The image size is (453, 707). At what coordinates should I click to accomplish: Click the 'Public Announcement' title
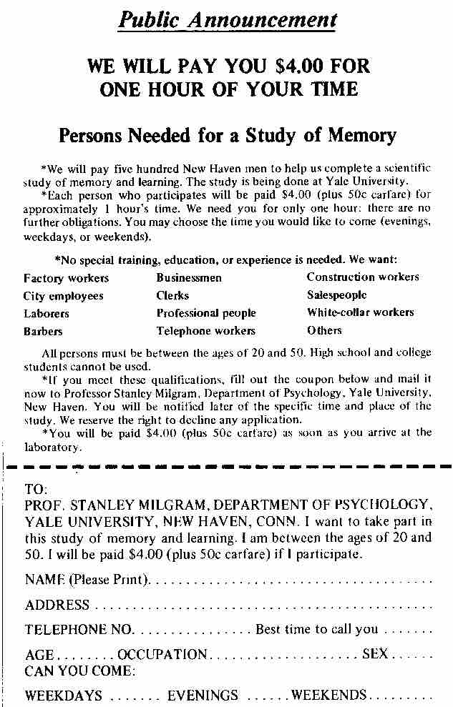coord(227,20)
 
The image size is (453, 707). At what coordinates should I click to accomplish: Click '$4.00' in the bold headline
coord(299,67)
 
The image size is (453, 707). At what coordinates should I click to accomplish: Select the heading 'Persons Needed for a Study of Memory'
coord(227,134)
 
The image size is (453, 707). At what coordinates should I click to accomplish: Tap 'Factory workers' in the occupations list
coord(66,278)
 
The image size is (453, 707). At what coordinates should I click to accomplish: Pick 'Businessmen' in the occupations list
coord(189,278)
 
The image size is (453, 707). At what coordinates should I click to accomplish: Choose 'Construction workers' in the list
coord(363,277)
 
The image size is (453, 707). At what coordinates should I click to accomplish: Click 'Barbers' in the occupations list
coord(43,332)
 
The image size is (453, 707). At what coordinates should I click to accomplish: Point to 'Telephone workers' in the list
coord(205,331)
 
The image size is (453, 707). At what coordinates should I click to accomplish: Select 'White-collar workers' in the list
coord(360,313)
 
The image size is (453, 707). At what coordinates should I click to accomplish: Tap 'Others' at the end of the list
coord(324,331)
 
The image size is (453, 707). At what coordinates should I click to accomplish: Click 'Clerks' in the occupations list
coord(172,296)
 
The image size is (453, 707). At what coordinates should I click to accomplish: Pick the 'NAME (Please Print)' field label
coord(87,579)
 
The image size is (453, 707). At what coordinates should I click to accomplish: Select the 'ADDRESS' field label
coord(57,605)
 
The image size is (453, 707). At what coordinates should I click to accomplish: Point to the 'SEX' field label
coord(376,654)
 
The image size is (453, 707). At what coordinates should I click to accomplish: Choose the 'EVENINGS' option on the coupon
coord(203,696)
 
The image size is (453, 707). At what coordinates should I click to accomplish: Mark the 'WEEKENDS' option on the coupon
coord(328,695)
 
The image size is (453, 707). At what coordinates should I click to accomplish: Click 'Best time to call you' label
coord(316,630)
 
